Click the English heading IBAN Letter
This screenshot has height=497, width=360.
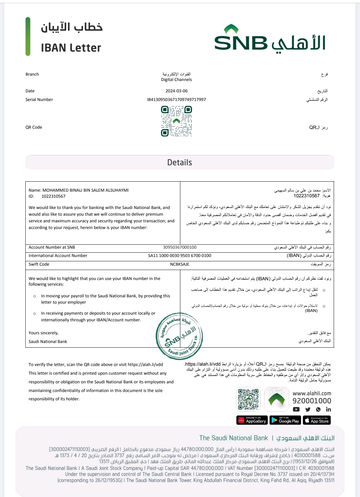[71, 48]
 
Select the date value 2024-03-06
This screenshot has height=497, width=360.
[176, 91]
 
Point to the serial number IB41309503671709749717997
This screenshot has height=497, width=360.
[176, 100]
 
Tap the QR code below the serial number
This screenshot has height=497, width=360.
[176, 121]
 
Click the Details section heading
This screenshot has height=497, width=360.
[180, 163]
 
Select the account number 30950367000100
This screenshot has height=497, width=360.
[180, 247]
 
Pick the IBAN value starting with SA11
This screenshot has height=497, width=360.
[180, 256]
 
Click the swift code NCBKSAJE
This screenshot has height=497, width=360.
[180, 264]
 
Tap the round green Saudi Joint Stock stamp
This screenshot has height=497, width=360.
[179, 336]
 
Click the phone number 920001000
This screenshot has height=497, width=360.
[312, 401]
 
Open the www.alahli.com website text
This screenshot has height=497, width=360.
[312, 393]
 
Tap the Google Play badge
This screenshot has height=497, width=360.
[285, 420]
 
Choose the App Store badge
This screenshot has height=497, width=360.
[317, 420]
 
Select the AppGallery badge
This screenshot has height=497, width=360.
[252, 420]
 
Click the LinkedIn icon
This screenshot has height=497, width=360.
[329, 410]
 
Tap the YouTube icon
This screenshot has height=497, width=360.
[296, 410]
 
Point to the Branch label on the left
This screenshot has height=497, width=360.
[32, 74]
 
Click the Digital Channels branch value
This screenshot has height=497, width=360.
[176, 80]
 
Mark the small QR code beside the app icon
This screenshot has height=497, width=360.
[248, 399]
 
